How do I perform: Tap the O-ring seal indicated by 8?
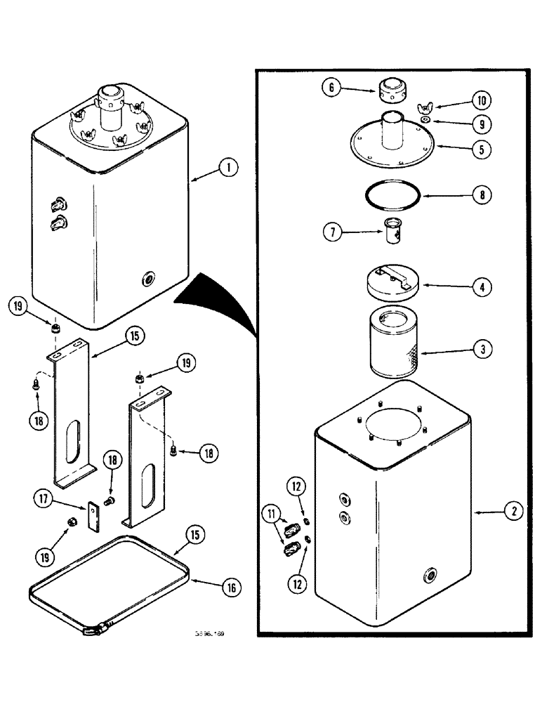click(x=392, y=196)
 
